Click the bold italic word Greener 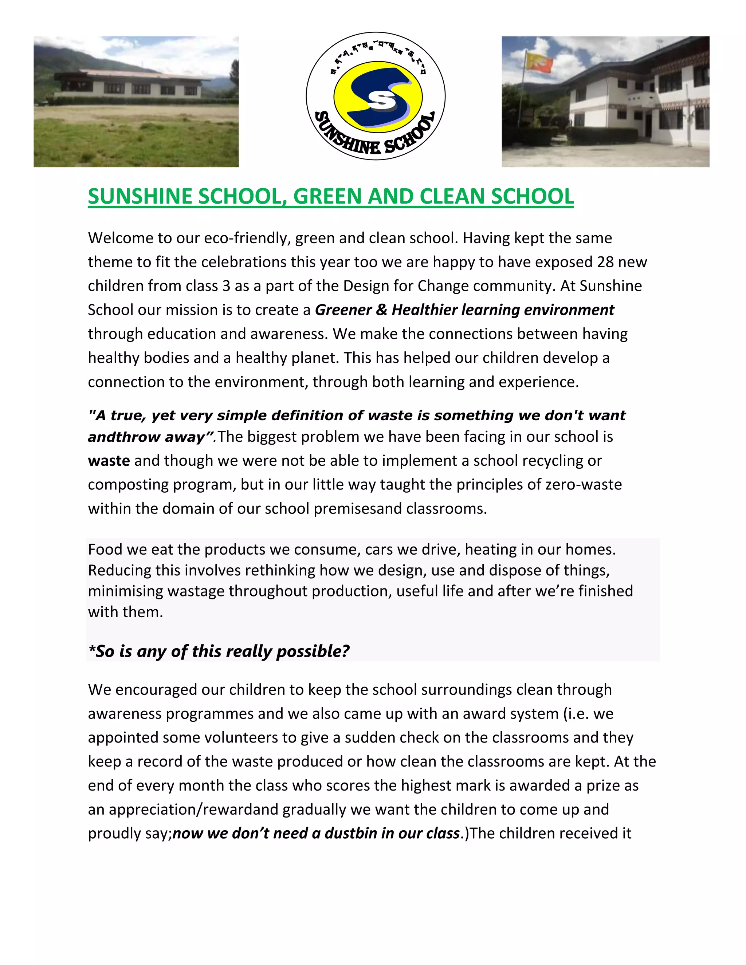coord(343,310)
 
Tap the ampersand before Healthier coord(381,310)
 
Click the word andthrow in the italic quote coord(115,437)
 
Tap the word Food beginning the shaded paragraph coord(106,549)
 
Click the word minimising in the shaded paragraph coord(126,591)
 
